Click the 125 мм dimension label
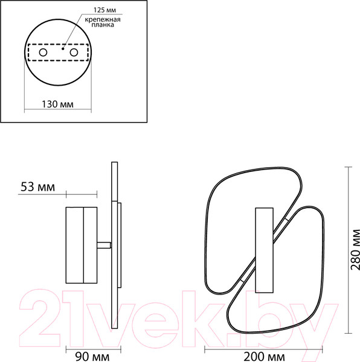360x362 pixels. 104,10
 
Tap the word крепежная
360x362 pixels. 103,19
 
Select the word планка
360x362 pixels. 103,25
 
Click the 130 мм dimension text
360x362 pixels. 57,104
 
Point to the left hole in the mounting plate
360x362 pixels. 43,52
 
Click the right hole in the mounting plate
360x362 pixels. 74,52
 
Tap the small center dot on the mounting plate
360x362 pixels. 63,49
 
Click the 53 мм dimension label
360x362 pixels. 38,187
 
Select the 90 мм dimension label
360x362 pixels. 92,357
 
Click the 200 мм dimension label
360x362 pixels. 265,357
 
